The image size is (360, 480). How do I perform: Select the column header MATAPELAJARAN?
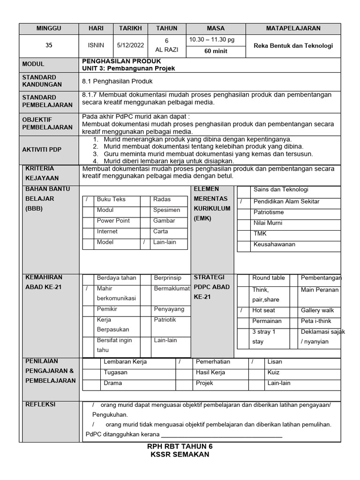pos(293,28)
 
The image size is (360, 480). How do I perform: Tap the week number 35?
pos(49,46)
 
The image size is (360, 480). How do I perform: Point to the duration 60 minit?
pos(216,52)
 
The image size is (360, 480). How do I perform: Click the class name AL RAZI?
pos(166,50)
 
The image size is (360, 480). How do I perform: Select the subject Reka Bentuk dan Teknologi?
pos(293,46)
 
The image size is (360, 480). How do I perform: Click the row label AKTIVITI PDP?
pos(42,150)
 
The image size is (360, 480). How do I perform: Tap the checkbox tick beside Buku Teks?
pos(87,199)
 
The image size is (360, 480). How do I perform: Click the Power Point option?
pos(113,221)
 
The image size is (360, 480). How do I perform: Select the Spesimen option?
pos(166,210)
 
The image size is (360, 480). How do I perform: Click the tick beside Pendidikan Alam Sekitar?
pos(241,202)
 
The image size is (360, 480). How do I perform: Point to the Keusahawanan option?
pos(274,245)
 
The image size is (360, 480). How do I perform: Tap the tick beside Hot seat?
pos(241,310)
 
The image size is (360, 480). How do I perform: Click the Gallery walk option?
pos(317,310)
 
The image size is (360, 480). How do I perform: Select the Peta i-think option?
pos(316,321)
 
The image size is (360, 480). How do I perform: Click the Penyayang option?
pos(169,309)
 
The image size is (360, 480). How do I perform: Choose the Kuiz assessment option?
pos(273,373)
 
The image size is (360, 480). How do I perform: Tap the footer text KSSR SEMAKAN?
pos(180,455)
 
